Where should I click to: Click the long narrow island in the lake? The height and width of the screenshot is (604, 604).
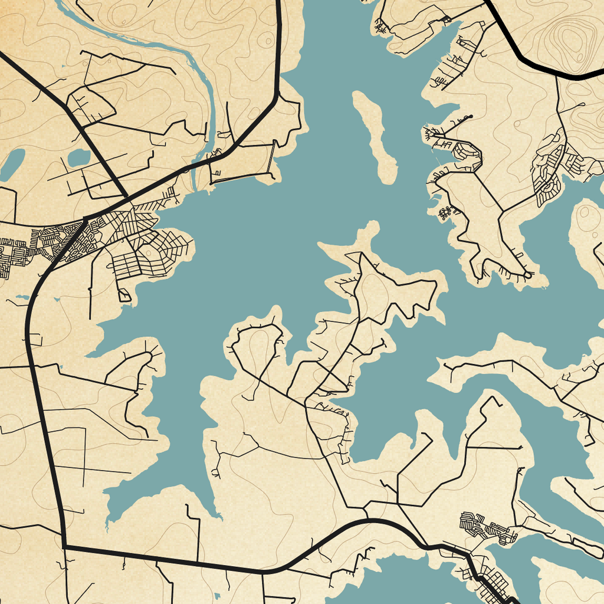375,137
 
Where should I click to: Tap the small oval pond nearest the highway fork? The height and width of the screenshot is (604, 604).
79,157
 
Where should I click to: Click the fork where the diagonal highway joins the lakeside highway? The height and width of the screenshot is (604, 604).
126,196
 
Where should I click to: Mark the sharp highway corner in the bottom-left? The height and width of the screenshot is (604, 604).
64,547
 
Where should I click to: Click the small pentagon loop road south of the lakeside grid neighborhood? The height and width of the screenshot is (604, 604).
124,295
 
